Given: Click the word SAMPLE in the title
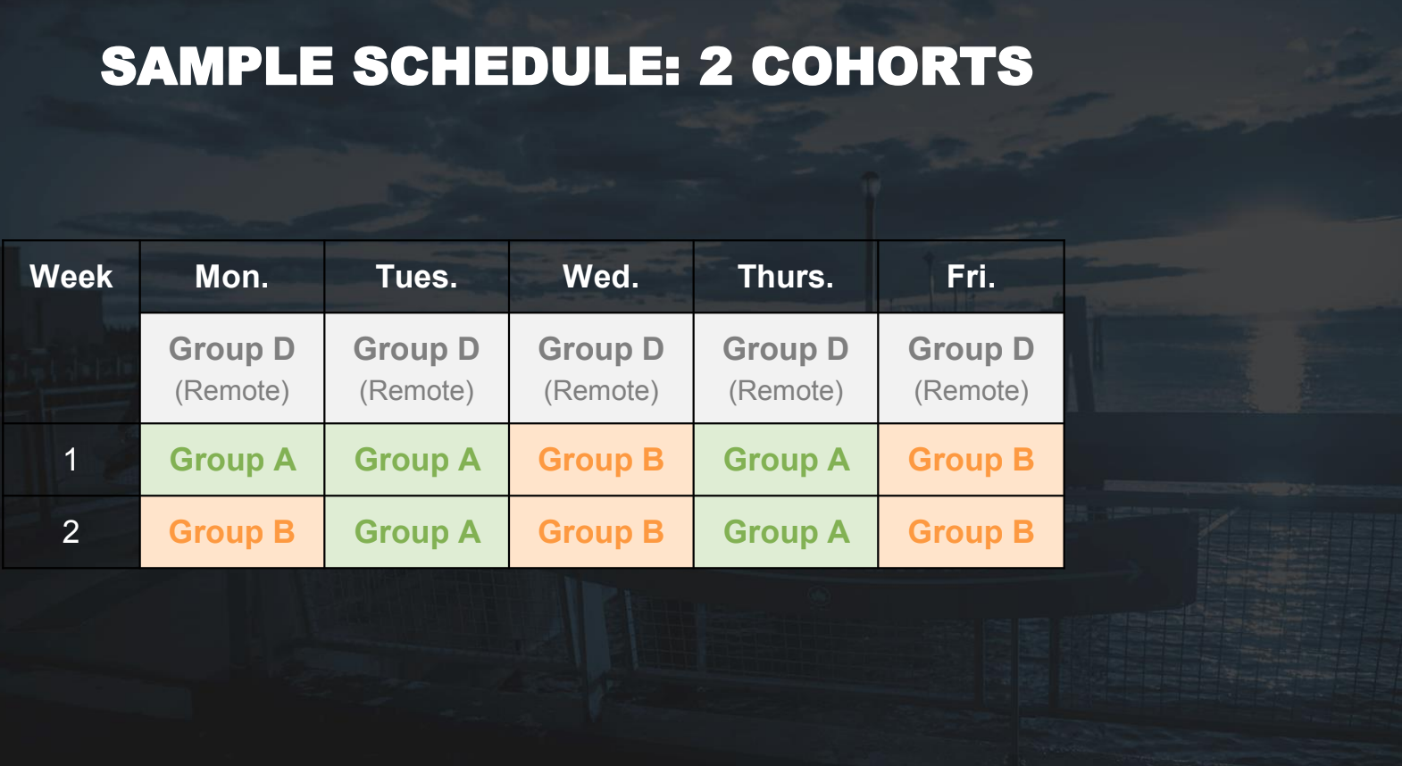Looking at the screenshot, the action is pos(217,66).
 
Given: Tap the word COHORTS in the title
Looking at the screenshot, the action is pos(892,66).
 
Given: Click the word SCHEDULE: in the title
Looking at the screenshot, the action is pos(516,66).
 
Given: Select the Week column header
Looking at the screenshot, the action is pos(71,277).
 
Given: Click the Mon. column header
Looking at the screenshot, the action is pos(231,277).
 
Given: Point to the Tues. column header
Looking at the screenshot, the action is pos(416,277).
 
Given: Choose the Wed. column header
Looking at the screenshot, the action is pos(601,277).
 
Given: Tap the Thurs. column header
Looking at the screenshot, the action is pos(786,277).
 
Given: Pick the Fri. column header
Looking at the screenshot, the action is pos(971,277).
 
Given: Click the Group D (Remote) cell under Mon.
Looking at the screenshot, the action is pos(231,368).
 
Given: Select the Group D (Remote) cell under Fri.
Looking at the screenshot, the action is pos(971,368).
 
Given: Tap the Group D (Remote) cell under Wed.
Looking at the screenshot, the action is pos(601,368).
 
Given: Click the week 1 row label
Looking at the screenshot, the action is pos(71,460).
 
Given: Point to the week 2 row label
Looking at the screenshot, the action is pos(71,532).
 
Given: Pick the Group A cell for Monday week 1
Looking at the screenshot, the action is pos(231,460).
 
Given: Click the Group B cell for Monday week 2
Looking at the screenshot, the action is pos(231,532).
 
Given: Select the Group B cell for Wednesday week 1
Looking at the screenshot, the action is pos(601,460).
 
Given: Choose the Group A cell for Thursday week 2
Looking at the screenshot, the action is pos(786,532).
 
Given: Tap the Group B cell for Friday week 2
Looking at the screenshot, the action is pos(971,532).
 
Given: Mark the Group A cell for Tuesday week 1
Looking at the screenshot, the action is pos(416,460).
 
